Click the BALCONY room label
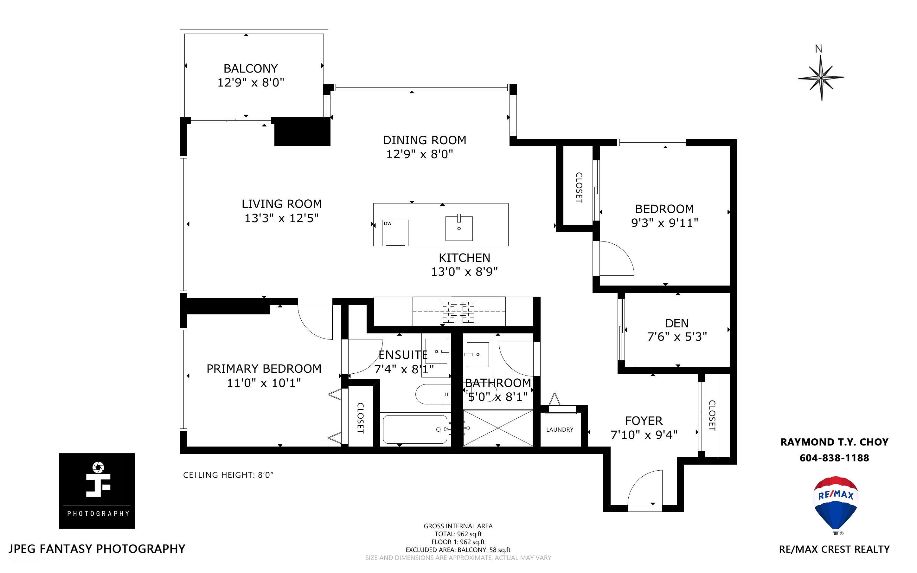(x=250, y=68)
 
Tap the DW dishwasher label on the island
(x=388, y=224)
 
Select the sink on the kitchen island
(x=459, y=228)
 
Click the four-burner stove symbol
(x=458, y=312)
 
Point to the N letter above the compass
(x=818, y=49)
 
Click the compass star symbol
(x=821, y=78)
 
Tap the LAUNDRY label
(x=560, y=429)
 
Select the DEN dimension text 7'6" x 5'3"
(x=677, y=337)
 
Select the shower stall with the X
(x=498, y=428)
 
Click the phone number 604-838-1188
(x=834, y=458)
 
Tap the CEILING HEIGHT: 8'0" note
(x=228, y=475)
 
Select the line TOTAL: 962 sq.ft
(x=458, y=534)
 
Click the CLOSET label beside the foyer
(x=712, y=415)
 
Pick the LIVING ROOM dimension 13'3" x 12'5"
(x=281, y=218)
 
